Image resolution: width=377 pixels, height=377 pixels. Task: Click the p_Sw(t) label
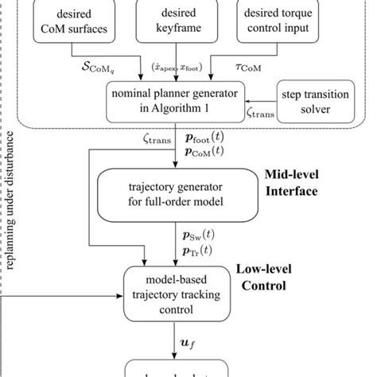click(195, 237)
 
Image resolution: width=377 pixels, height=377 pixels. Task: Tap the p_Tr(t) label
click(195, 251)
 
